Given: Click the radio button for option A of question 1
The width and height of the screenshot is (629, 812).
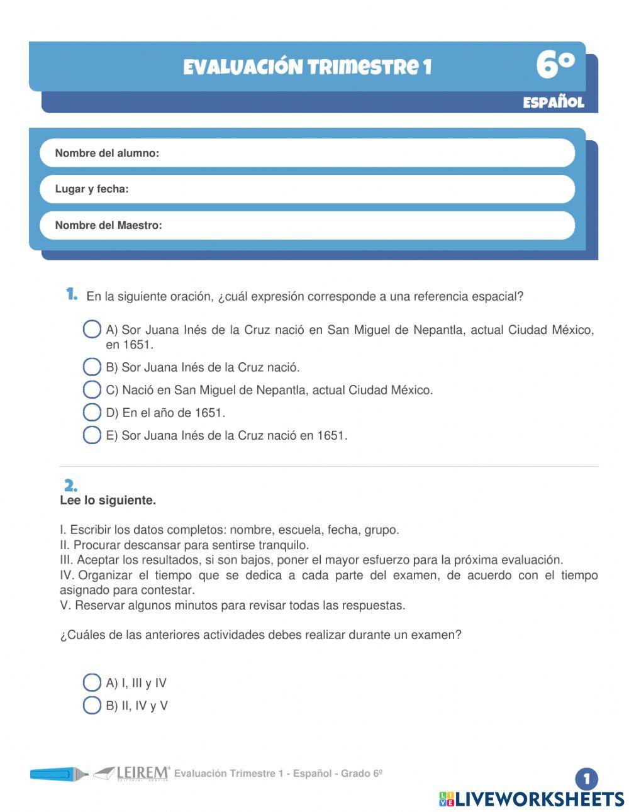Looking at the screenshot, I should tap(92, 330).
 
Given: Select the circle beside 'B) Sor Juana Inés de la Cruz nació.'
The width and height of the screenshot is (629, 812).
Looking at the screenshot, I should tap(92, 367).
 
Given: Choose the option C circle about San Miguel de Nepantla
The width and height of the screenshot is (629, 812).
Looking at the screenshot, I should tap(92, 390).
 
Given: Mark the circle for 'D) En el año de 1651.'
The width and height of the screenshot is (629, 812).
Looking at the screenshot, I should tap(92, 413).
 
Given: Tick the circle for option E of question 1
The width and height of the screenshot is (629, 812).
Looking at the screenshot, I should tap(92, 435).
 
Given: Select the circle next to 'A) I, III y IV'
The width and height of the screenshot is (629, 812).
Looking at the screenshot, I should tap(92, 682).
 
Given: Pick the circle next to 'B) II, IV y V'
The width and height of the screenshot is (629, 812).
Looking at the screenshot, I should tap(92, 705).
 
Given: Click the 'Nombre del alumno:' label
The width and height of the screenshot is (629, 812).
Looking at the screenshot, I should tap(107, 153).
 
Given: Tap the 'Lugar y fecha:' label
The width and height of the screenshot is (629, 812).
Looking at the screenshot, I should tap(92, 189).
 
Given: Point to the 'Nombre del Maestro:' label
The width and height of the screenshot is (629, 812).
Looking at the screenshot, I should tap(108, 225).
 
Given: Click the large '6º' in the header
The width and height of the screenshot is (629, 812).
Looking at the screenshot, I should tap(555, 65).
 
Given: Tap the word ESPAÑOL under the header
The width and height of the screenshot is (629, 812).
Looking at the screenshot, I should tap(554, 103).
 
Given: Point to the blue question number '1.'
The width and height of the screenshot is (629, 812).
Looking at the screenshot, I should tap(72, 294).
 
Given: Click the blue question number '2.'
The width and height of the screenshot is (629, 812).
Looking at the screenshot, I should tap(70, 486).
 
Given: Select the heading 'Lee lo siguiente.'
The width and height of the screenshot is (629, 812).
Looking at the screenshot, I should tap(108, 501).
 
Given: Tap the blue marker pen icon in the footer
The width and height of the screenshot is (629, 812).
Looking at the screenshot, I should tap(58, 774).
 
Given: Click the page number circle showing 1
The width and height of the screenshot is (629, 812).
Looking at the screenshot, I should tap(586, 779).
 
